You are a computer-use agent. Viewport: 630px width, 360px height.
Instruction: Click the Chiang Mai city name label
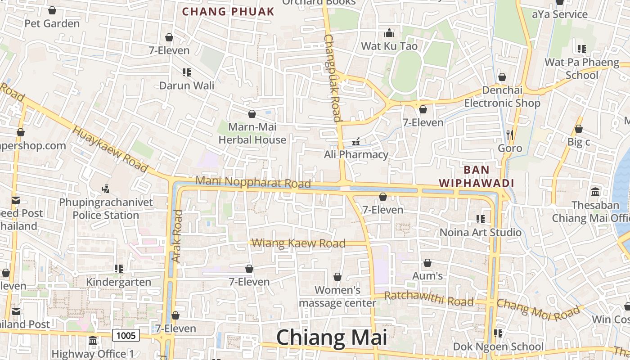click(331, 337)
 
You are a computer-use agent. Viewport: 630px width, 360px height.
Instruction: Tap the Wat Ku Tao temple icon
click(389, 33)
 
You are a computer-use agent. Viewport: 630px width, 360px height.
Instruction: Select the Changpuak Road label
click(332, 78)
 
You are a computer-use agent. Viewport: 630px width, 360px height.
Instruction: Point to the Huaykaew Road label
click(110, 148)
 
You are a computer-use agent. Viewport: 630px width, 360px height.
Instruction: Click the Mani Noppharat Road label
click(253, 182)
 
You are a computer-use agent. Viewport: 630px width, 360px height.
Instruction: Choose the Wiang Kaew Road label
click(298, 243)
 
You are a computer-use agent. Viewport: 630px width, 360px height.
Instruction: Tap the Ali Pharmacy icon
click(356, 142)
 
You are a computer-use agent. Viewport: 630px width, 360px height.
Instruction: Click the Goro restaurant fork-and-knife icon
click(509, 134)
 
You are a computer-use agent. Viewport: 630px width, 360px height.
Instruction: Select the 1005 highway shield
click(126, 335)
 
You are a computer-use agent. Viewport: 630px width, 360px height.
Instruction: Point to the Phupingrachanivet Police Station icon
click(106, 189)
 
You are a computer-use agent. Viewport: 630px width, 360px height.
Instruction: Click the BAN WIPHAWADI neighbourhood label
click(476, 176)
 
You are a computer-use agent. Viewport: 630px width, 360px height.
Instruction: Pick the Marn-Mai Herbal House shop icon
click(252, 114)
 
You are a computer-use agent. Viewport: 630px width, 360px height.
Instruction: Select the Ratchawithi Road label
click(429, 298)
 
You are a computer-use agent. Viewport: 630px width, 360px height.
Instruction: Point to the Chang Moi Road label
click(538, 310)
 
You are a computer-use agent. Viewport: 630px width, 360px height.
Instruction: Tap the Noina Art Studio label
click(481, 232)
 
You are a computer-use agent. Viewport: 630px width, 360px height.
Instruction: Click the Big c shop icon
click(579, 129)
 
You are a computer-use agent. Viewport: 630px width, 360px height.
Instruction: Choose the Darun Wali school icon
click(187, 72)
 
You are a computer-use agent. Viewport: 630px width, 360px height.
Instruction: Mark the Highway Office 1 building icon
click(93, 340)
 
